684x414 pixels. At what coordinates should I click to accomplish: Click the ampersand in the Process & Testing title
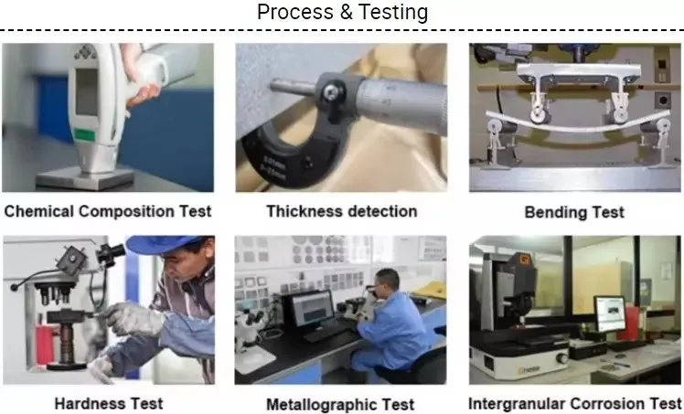[x=345, y=12]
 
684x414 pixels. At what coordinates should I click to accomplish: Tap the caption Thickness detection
[x=342, y=211]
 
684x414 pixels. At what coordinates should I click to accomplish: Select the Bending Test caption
[x=574, y=212]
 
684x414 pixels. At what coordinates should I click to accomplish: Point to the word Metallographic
[x=319, y=405]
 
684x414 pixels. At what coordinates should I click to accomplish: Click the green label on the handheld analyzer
[x=85, y=134]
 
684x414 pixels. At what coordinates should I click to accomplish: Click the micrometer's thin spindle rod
[x=294, y=86]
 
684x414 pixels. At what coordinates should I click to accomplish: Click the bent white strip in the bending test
[x=578, y=123]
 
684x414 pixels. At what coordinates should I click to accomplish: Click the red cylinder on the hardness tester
[x=46, y=345]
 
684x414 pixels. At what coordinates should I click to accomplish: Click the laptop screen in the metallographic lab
[x=313, y=308]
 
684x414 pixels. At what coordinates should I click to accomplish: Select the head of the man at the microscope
[x=387, y=282]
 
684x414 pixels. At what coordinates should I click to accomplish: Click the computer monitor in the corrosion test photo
[x=610, y=313]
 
